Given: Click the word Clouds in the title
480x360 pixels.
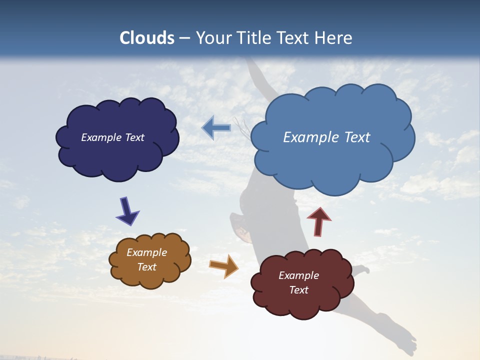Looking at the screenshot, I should [146, 38].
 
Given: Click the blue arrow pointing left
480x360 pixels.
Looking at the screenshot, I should [216, 128].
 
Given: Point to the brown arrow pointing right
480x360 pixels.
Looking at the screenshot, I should [224, 265].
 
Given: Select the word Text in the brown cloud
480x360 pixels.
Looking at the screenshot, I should [147, 267].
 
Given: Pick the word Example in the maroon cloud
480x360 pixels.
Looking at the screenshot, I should [298, 275].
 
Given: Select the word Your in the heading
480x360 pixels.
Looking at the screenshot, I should [212, 38].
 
